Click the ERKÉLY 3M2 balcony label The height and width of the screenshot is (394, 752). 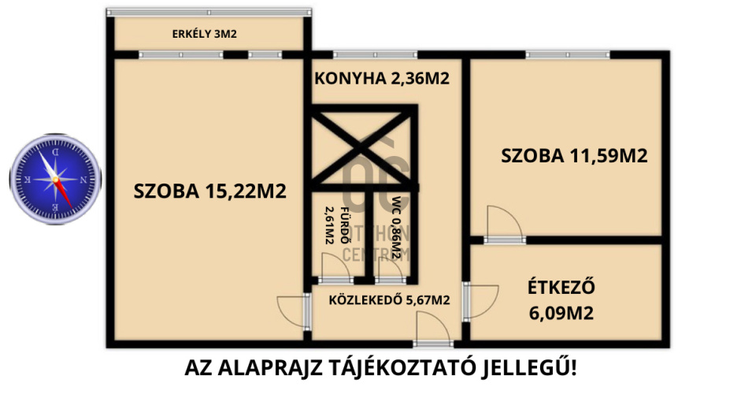pos(205,34)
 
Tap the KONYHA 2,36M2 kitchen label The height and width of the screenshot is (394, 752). pos(382,79)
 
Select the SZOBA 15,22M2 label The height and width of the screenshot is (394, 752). pos(209,190)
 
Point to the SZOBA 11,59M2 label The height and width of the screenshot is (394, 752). pos(574,156)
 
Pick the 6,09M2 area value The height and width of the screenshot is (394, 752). pos(561,314)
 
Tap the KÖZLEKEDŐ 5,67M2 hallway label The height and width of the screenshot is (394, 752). pos(389,299)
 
